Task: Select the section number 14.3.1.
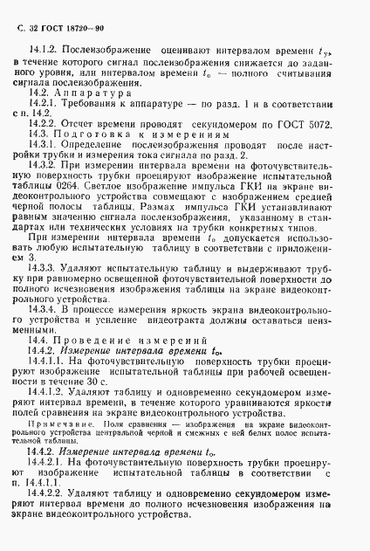coord(44,146)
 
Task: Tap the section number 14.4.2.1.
coord(47,464)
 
